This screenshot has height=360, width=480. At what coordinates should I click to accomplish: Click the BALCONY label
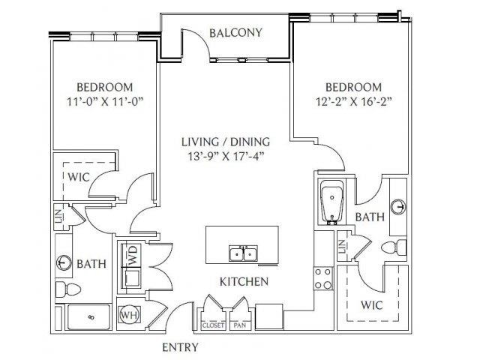point(236,33)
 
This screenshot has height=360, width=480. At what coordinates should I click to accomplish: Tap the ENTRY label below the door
point(180,347)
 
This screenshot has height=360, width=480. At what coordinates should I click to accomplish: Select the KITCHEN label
point(244,282)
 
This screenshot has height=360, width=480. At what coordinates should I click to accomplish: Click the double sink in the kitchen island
point(243,253)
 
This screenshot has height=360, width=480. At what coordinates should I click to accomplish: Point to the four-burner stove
point(323,278)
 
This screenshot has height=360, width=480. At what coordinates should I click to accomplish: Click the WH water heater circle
point(130,315)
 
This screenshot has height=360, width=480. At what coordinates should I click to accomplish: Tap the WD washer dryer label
point(133,255)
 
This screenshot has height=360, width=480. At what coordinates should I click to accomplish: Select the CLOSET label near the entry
point(213,325)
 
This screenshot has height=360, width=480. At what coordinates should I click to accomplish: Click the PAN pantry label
point(240,325)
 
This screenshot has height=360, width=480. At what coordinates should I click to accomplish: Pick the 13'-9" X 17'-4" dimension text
point(226,157)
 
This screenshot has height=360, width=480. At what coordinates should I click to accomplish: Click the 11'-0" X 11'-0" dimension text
point(105,101)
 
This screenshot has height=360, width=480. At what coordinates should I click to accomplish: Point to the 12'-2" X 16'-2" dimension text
point(354,101)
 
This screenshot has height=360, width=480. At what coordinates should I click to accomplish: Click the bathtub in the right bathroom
point(332,202)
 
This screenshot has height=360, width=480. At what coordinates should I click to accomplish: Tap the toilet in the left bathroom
point(68,289)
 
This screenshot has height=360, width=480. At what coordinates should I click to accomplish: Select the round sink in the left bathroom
point(64,262)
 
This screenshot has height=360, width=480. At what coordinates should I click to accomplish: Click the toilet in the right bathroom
point(394,247)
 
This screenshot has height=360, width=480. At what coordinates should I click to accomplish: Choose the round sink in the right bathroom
point(399,207)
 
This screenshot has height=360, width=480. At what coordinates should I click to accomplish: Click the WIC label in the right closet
point(372,305)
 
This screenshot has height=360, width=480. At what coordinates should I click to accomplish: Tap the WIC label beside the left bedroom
point(79,177)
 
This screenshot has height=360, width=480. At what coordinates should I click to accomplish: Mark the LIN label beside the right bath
point(342,247)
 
